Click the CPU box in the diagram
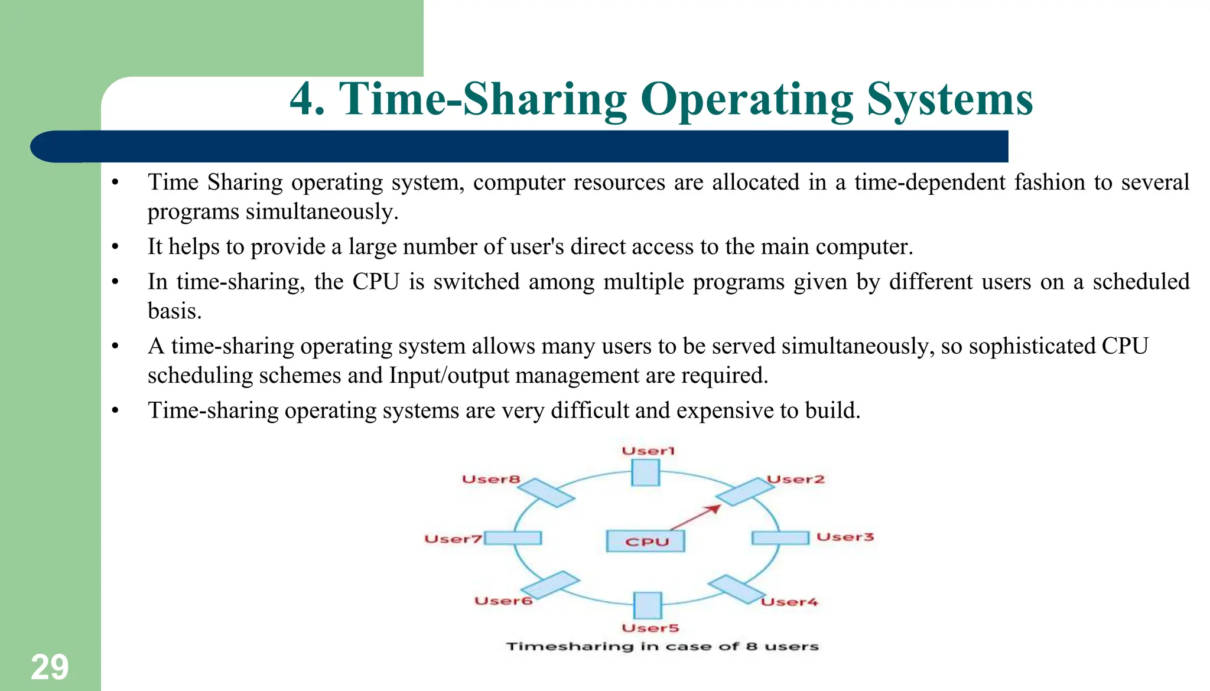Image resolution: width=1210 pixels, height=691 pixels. [645, 541]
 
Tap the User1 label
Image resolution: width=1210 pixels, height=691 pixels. [648, 451]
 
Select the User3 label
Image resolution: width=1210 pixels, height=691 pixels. [844, 537]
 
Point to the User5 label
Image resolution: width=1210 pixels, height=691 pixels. [650, 628]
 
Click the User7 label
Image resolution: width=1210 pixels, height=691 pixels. [453, 539]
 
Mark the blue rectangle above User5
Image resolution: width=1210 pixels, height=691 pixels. [648, 605]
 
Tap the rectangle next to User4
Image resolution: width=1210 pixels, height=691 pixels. [737, 589]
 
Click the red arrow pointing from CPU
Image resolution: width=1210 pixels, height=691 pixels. [696, 517]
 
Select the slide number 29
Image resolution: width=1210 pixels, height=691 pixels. [50, 667]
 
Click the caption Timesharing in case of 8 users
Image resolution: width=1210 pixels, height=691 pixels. [662, 646]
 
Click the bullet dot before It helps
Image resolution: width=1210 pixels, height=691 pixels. [116, 247]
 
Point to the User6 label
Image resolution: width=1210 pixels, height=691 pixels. [503, 601]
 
